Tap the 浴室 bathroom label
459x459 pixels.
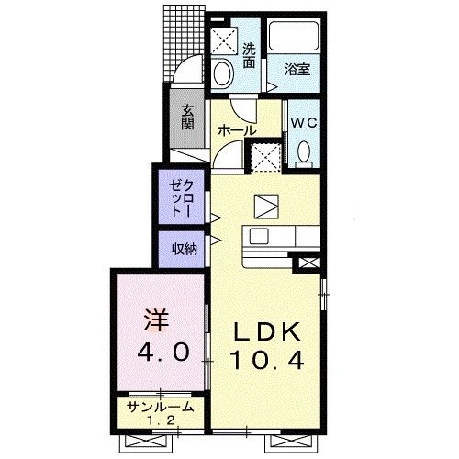296,69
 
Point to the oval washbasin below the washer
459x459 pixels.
223,73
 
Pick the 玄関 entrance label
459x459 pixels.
187,117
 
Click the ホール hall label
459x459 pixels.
236,130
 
